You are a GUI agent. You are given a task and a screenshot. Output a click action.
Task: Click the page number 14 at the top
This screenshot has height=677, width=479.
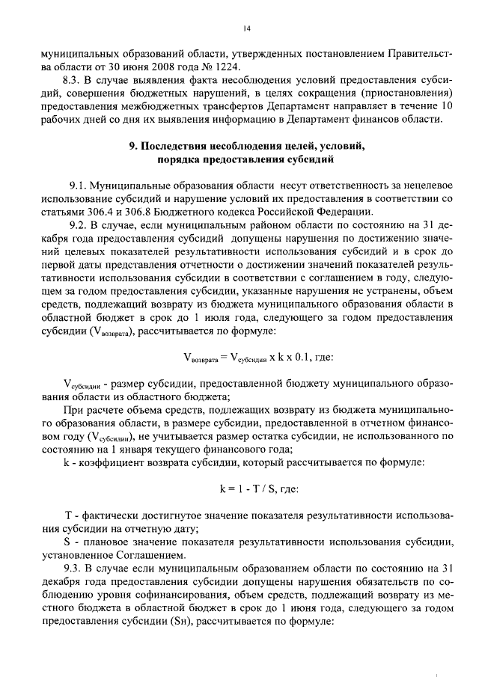pos(246,28)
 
